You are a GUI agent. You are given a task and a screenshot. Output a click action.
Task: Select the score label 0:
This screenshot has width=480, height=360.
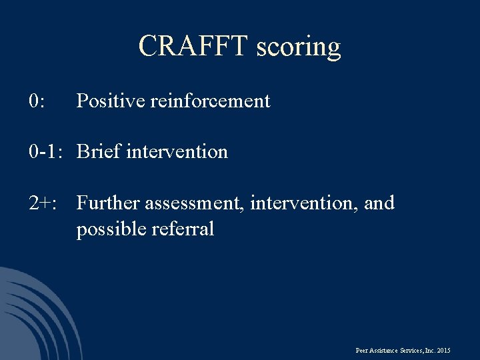[37, 101]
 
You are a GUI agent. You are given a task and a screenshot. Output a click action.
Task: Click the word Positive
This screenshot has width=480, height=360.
[111, 101]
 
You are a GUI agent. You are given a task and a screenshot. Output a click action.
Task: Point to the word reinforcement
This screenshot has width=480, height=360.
[210, 101]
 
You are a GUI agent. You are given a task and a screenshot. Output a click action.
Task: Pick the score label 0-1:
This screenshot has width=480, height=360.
[45, 152]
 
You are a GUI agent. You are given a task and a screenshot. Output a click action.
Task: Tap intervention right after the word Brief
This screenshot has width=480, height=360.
[177, 152]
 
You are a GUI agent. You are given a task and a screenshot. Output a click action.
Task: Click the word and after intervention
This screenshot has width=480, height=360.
[379, 203]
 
